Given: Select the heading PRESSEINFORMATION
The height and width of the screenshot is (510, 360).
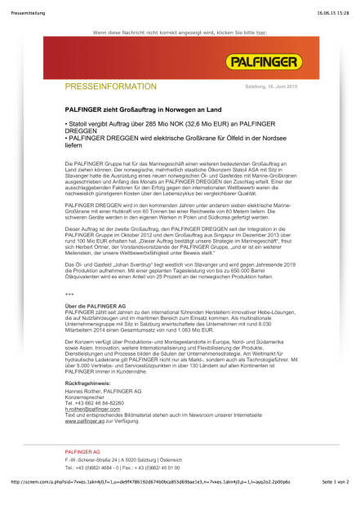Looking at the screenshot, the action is click(110, 86).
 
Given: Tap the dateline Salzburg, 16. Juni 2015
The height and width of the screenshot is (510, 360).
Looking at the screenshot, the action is click(269, 86).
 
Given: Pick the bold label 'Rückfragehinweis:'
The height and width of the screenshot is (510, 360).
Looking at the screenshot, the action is click(91, 382).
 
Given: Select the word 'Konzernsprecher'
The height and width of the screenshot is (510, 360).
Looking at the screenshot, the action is click(90, 397).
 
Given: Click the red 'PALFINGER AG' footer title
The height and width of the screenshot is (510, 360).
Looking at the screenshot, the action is click(82, 451).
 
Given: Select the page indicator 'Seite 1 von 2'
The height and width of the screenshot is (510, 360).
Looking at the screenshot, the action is click(335, 504).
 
